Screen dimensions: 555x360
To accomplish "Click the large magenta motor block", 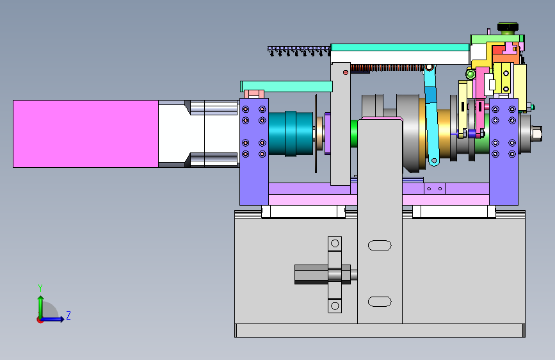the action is [x=86, y=134].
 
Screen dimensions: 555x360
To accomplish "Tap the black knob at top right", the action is [x=508, y=27].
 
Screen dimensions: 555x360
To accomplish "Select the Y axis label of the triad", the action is [x=40, y=288].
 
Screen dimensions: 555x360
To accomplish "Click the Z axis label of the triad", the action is [x=68, y=315].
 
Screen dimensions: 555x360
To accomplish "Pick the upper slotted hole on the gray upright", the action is [x=380, y=245].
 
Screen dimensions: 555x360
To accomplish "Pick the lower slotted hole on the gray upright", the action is [x=380, y=302].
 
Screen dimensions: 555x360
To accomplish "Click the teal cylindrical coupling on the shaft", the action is [x=291, y=133].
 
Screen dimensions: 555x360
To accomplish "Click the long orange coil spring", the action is [x=387, y=68].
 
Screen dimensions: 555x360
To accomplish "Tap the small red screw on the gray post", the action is [x=346, y=72].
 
